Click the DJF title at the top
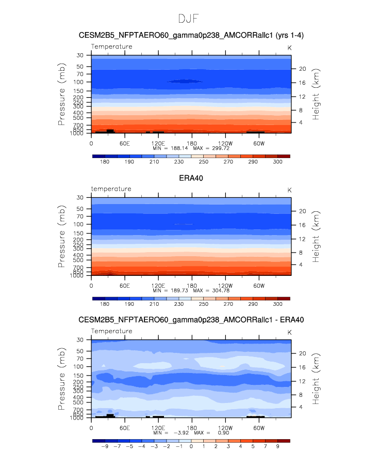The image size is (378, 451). pos(188,19)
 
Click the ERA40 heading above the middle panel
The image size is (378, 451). pos(191,178)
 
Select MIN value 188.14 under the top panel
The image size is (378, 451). pos(179,148)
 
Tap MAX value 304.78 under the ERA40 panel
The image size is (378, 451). pos(221,290)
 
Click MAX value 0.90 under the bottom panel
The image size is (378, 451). pos(224,432)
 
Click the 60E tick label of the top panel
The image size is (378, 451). pos(125,143)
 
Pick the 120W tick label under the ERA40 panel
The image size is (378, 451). pos(225,286)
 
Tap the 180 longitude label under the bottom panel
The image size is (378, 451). pos(192,428)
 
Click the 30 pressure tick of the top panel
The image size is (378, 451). pos(80,55)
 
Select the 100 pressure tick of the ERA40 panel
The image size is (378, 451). pos(78,224)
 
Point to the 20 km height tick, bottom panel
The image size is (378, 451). pos(303,353)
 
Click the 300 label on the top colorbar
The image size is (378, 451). pos(277,162)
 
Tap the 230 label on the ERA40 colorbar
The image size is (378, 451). pos(179,304)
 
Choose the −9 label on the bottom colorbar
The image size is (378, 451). pos(105,446)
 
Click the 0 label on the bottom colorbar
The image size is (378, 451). pos(191,446)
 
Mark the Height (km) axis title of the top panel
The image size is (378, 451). pos(316,94)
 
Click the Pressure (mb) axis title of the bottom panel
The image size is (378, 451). pos(61,379)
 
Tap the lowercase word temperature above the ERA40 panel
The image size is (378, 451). pos(111,189)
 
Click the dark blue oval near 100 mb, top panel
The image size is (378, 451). pos(185,82)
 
